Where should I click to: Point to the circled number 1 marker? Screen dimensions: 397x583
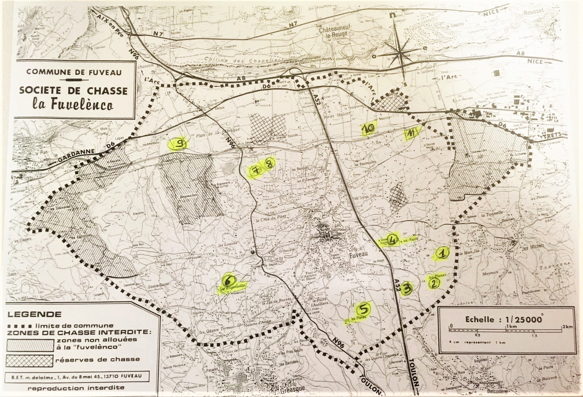pyautogui.click(x=442, y=254)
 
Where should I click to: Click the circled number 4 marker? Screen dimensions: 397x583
pyautogui.click(x=393, y=239)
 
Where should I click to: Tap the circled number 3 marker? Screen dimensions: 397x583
pyautogui.click(x=407, y=288)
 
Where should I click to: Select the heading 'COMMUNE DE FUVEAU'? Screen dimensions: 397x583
pyautogui.click(x=74, y=72)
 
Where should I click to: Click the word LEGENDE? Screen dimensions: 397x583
pyautogui.click(x=34, y=314)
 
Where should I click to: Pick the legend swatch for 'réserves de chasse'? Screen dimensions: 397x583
pyautogui.click(x=30, y=360)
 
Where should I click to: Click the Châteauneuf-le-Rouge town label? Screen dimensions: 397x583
pyautogui.click(x=333, y=32)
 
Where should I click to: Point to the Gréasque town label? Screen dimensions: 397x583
pyautogui.click(x=288, y=389)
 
